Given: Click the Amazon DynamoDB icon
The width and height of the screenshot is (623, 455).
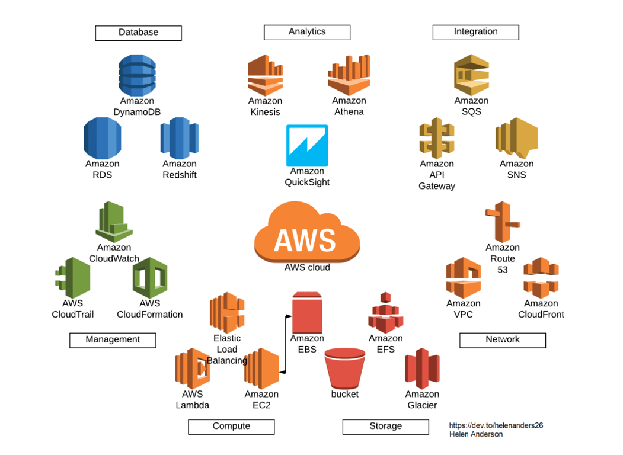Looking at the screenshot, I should tap(137, 75).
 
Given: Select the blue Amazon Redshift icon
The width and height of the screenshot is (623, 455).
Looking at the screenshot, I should tap(179, 137).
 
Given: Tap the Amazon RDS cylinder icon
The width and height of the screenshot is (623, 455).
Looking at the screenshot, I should tap(102, 137).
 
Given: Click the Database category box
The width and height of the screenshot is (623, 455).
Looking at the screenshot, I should tap(138, 33).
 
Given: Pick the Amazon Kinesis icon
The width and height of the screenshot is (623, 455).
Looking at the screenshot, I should tap(265, 75).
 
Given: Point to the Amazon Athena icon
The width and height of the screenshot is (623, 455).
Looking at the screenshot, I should tap(349, 75).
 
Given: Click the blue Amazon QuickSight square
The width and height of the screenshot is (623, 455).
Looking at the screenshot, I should tap(306, 145).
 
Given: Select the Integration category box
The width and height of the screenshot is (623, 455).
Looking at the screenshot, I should tap(475, 32).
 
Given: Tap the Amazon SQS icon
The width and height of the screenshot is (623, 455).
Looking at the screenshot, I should tap(471, 75).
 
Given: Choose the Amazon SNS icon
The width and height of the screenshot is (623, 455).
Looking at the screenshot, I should tap(516, 137).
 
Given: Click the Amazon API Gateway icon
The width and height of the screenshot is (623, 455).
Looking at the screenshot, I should tap(437, 137).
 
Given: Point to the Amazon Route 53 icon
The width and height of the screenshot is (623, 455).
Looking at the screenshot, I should tap(501, 222).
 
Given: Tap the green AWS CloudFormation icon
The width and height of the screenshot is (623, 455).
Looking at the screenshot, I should tap(149, 277).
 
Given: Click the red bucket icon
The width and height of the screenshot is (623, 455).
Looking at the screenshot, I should tap(345, 368).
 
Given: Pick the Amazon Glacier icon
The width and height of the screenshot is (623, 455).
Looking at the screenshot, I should tap(422, 368).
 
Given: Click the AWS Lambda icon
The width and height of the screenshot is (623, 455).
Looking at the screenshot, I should tap(192, 368).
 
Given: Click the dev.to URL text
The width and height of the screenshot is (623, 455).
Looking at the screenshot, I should tap(496, 425).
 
